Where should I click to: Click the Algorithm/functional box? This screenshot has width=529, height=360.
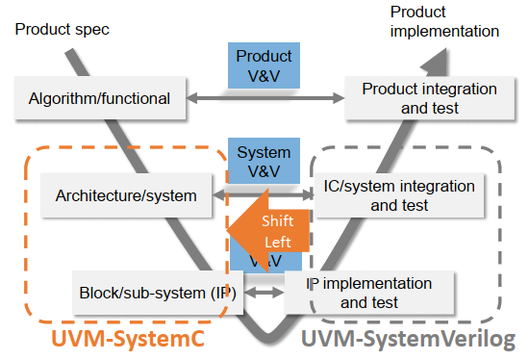(x=99, y=98)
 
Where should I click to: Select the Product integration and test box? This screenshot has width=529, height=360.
(x=429, y=98)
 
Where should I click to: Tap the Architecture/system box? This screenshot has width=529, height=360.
(x=126, y=195)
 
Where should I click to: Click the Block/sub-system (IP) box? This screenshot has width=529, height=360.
(x=154, y=290)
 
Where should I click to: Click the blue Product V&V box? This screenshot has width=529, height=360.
(x=264, y=65)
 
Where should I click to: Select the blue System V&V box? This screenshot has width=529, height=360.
(x=264, y=161)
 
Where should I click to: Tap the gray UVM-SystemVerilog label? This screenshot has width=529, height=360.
(x=408, y=340)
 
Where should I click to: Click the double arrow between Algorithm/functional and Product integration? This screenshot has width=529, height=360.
(x=264, y=98)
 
